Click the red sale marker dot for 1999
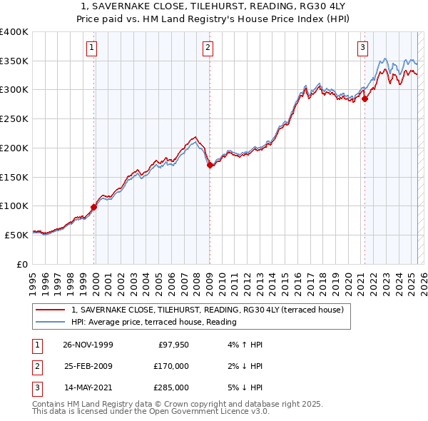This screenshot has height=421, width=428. [x=93, y=207]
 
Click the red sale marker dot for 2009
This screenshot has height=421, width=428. [x=210, y=165]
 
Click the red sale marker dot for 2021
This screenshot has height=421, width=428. [x=365, y=98]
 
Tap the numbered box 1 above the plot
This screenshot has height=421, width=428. [x=93, y=49]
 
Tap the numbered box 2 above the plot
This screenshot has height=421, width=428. [x=208, y=49]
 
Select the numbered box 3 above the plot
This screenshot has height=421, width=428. [x=362, y=49]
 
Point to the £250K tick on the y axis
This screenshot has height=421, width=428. [x=14, y=118]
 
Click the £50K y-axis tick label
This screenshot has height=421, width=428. [x=16, y=234]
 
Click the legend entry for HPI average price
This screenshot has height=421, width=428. [x=153, y=322]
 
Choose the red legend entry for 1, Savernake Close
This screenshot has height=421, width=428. [x=208, y=310]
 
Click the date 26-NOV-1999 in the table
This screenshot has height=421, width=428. [x=88, y=345]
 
